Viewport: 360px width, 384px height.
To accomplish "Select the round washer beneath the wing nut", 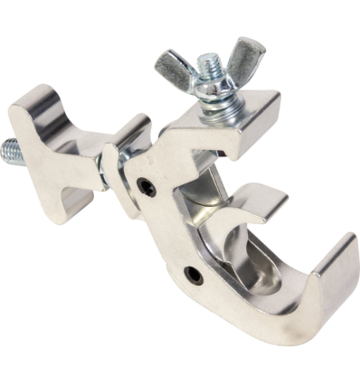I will (213, 92).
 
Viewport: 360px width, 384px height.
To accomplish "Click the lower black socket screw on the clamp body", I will (191, 273).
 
